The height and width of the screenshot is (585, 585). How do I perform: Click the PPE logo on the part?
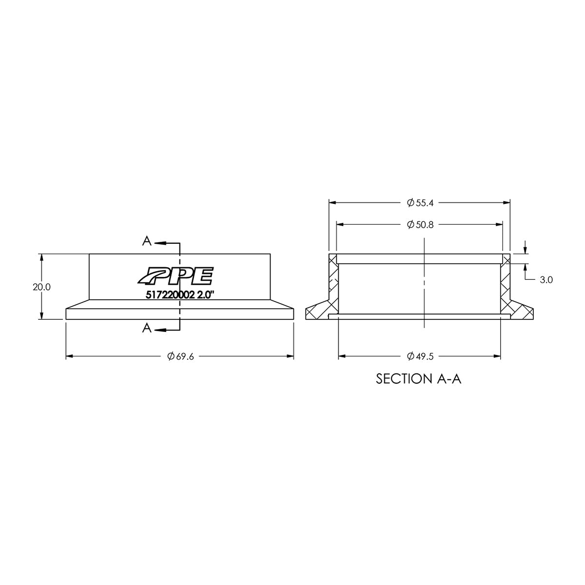[x=175, y=275]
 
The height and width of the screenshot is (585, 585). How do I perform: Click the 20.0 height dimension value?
[x=41, y=287]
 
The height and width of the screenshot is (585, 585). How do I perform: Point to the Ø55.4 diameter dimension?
[x=420, y=202]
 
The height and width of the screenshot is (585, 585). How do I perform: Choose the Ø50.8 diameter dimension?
[x=420, y=225]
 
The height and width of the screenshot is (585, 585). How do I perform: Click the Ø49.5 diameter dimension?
[x=420, y=357]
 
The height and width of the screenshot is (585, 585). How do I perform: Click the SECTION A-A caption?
[x=419, y=379]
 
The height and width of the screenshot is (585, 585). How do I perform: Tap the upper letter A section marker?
[x=146, y=240]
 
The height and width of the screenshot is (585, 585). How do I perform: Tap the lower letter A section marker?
[x=146, y=329]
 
